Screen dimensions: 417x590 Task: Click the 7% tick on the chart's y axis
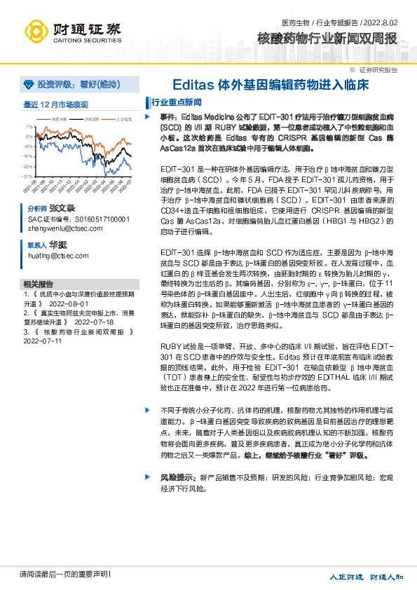(28, 127)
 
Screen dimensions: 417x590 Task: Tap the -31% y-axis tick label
(27, 177)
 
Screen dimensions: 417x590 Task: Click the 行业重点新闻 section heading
(177, 102)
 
